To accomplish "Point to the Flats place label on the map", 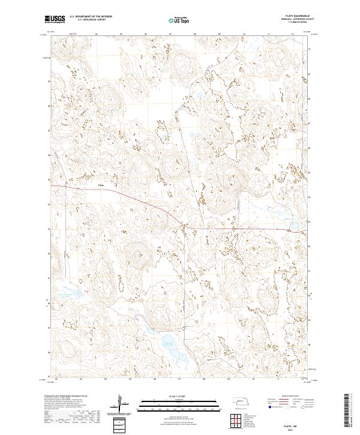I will [101, 185].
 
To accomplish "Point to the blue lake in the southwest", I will [73, 293].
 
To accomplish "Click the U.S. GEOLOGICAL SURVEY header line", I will [84, 21].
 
